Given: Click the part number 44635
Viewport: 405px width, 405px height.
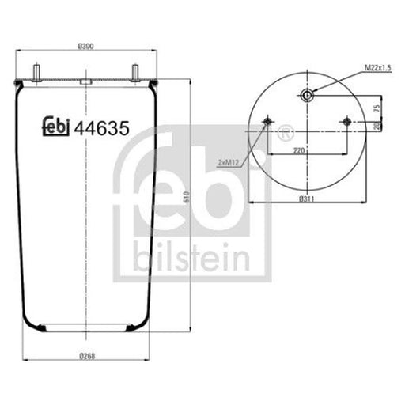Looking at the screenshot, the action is (102, 128).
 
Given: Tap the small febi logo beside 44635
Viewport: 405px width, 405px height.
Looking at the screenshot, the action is (56, 126).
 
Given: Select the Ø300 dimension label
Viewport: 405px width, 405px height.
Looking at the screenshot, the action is (86, 47).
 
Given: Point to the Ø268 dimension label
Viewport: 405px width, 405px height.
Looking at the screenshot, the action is (87, 357).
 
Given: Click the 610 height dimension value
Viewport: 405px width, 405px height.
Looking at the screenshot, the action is (187, 197).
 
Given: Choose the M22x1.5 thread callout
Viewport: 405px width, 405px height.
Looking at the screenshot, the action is (377, 68).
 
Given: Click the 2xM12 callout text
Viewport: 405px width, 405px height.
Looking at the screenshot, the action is (229, 162).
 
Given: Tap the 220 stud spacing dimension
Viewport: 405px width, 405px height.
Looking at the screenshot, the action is (299, 151).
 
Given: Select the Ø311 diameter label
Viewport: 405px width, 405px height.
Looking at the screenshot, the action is (307, 199).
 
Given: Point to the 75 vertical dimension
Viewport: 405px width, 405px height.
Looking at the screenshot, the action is (377, 108).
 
